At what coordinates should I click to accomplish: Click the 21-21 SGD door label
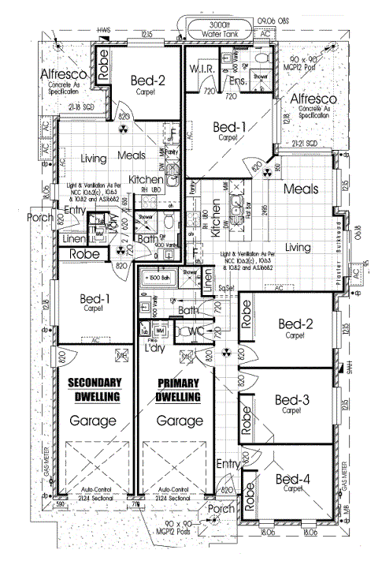[x=302, y=144]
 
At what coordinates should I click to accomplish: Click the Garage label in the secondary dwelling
[x=94, y=421]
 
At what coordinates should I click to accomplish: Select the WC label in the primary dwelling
[x=196, y=331]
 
